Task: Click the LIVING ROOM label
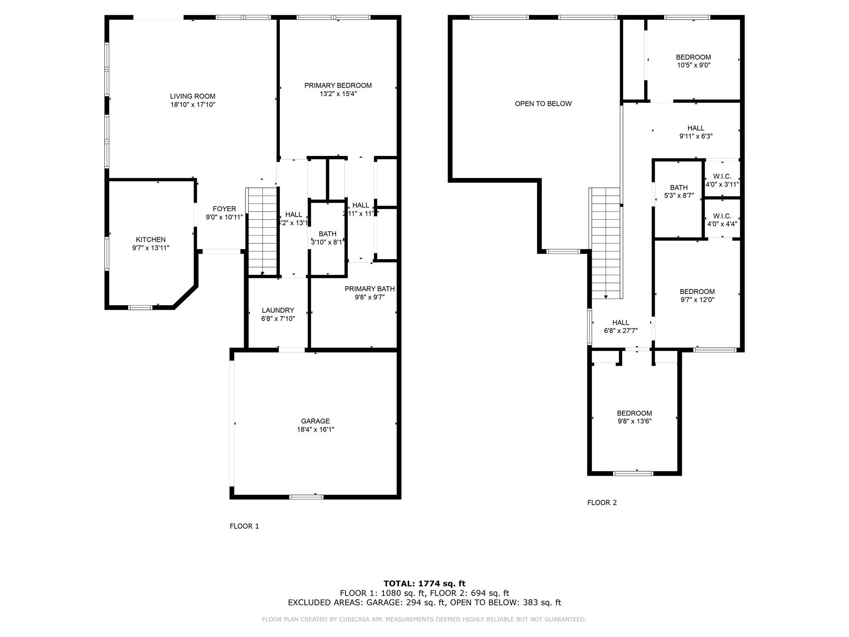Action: [192, 96]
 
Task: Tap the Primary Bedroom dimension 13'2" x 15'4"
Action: [338, 94]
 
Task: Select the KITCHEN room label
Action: [150, 240]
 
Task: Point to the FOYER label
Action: [224, 209]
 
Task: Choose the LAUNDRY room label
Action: [278, 310]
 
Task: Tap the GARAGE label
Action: [315, 421]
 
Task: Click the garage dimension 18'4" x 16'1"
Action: [315, 430]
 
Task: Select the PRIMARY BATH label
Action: [369, 289]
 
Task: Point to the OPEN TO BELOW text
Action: [543, 104]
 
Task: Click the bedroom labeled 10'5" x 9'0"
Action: [693, 61]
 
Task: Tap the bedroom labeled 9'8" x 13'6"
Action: [634, 417]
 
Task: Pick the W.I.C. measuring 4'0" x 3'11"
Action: [722, 180]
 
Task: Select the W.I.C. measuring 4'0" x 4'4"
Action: [722, 220]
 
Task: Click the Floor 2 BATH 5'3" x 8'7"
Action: [679, 191]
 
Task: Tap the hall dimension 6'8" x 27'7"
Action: [621, 331]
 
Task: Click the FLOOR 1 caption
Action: [244, 526]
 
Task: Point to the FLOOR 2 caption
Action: [602, 503]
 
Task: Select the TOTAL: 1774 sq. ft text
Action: [424, 584]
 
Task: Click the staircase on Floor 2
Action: [605, 243]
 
